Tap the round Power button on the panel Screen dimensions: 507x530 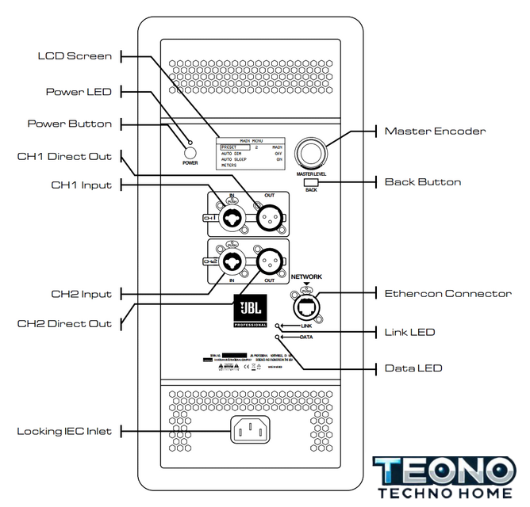coord(189,153)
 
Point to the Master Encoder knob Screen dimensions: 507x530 coord(311,154)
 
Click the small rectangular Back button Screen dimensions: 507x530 coord(310,182)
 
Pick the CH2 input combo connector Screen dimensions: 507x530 coord(231,262)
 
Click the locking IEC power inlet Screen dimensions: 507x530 coord(250,430)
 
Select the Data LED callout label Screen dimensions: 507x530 coord(413,368)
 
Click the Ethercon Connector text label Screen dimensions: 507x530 coord(448,293)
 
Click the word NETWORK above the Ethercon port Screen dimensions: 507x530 coord(308,277)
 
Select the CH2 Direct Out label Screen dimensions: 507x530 coord(65,323)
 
